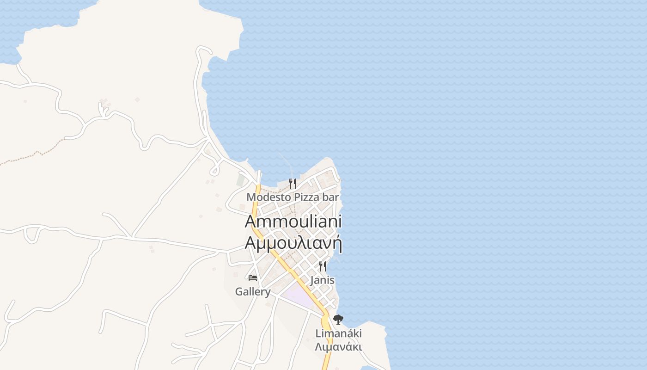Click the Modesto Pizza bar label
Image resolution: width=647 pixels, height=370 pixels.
[x=293, y=197]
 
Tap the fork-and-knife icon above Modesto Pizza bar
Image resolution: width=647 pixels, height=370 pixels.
[x=292, y=184]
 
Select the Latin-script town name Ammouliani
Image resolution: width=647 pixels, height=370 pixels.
[x=293, y=222]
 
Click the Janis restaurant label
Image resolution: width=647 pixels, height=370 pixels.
[x=322, y=280]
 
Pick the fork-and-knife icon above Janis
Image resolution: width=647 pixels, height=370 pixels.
[x=323, y=266]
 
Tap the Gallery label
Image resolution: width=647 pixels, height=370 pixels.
[x=253, y=292]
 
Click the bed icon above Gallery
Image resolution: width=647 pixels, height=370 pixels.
[x=252, y=278]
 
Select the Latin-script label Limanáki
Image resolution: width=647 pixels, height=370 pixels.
[x=339, y=333]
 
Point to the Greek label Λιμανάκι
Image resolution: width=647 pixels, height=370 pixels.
[x=338, y=347]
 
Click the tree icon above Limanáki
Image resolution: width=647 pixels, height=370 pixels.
[x=338, y=319]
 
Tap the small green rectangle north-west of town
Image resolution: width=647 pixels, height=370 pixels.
[x=240, y=180]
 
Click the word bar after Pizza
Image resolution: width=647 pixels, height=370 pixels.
[x=330, y=197]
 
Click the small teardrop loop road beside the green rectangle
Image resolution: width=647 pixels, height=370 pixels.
[x=214, y=170]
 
